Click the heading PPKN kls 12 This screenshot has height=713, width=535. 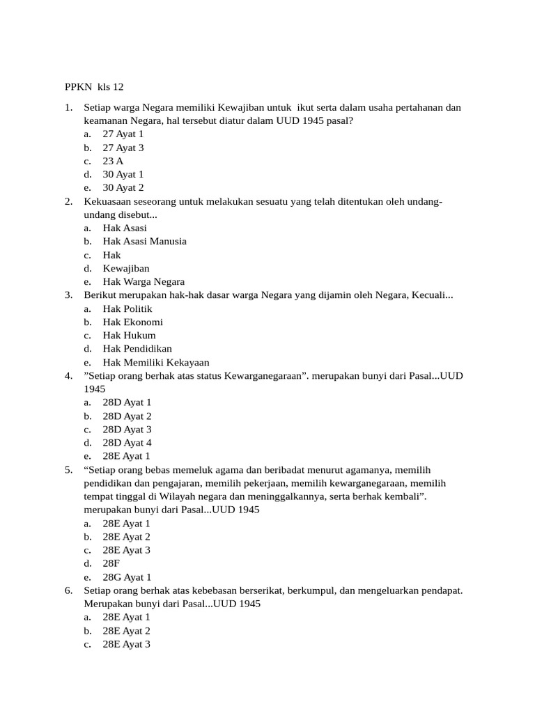pyautogui.click(x=93, y=87)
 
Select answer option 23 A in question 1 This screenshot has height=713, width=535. pyautogui.click(x=113, y=161)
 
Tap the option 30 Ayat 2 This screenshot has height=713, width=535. pyautogui.click(x=123, y=187)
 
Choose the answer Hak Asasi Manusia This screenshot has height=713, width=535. pyautogui.click(x=144, y=241)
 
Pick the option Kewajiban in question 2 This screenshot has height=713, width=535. pyautogui.click(x=126, y=268)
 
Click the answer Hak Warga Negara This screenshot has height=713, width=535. pyautogui.click(x=144, y=281)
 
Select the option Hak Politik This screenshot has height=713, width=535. pyautogui.click(x=127, y=308)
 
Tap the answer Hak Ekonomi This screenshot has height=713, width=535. pyautogui.click(x=133, y=322)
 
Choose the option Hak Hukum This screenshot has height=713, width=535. pyautogui.click(x=130, y=335)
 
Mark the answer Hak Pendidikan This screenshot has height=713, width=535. pyautogui.click(x=137, y=348)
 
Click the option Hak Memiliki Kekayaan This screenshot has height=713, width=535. pyautogui.click(x=156, y=362)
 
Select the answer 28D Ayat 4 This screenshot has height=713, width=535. pyautogui.click(x=127, y=442)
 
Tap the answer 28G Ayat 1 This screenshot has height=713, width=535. pyautogui.click(x=127, y=577)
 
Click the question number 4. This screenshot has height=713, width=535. pyautogui.click(x=68, y=375)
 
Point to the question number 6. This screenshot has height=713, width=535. pyautogui.click(x=68, y=590)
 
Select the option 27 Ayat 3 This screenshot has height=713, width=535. pyautogui.click(x=123, y=148)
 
